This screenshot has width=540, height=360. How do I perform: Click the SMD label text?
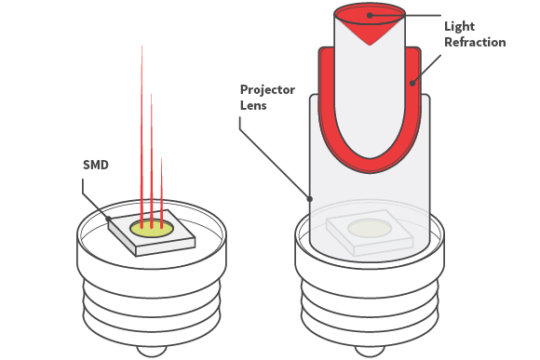click(96, 165)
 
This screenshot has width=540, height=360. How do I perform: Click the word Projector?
click(267, 90)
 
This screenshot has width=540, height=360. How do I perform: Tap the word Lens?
click(253, 105)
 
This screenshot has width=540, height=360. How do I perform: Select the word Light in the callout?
click(459, 27)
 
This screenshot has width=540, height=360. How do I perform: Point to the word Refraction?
click(475, 42)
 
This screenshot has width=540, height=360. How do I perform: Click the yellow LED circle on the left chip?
click(152, 229)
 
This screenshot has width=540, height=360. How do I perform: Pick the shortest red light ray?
click(161, 193)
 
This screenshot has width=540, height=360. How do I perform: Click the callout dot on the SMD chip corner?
click(108, 219)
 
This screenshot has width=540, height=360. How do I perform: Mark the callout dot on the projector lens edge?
click(310, 199)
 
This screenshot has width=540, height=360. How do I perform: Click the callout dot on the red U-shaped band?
click(412, 83)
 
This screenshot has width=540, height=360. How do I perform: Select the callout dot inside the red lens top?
click(370, 15)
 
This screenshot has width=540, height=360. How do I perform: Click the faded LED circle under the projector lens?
click(370, 228)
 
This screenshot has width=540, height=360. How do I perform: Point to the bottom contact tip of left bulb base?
click(152, 351)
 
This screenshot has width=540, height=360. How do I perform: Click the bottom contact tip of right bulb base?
click(370, 351)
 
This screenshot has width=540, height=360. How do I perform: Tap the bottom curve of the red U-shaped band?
click(370, 166)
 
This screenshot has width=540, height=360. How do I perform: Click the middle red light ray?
click(151, 161)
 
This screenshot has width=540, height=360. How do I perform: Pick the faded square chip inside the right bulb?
click(370, 233)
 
